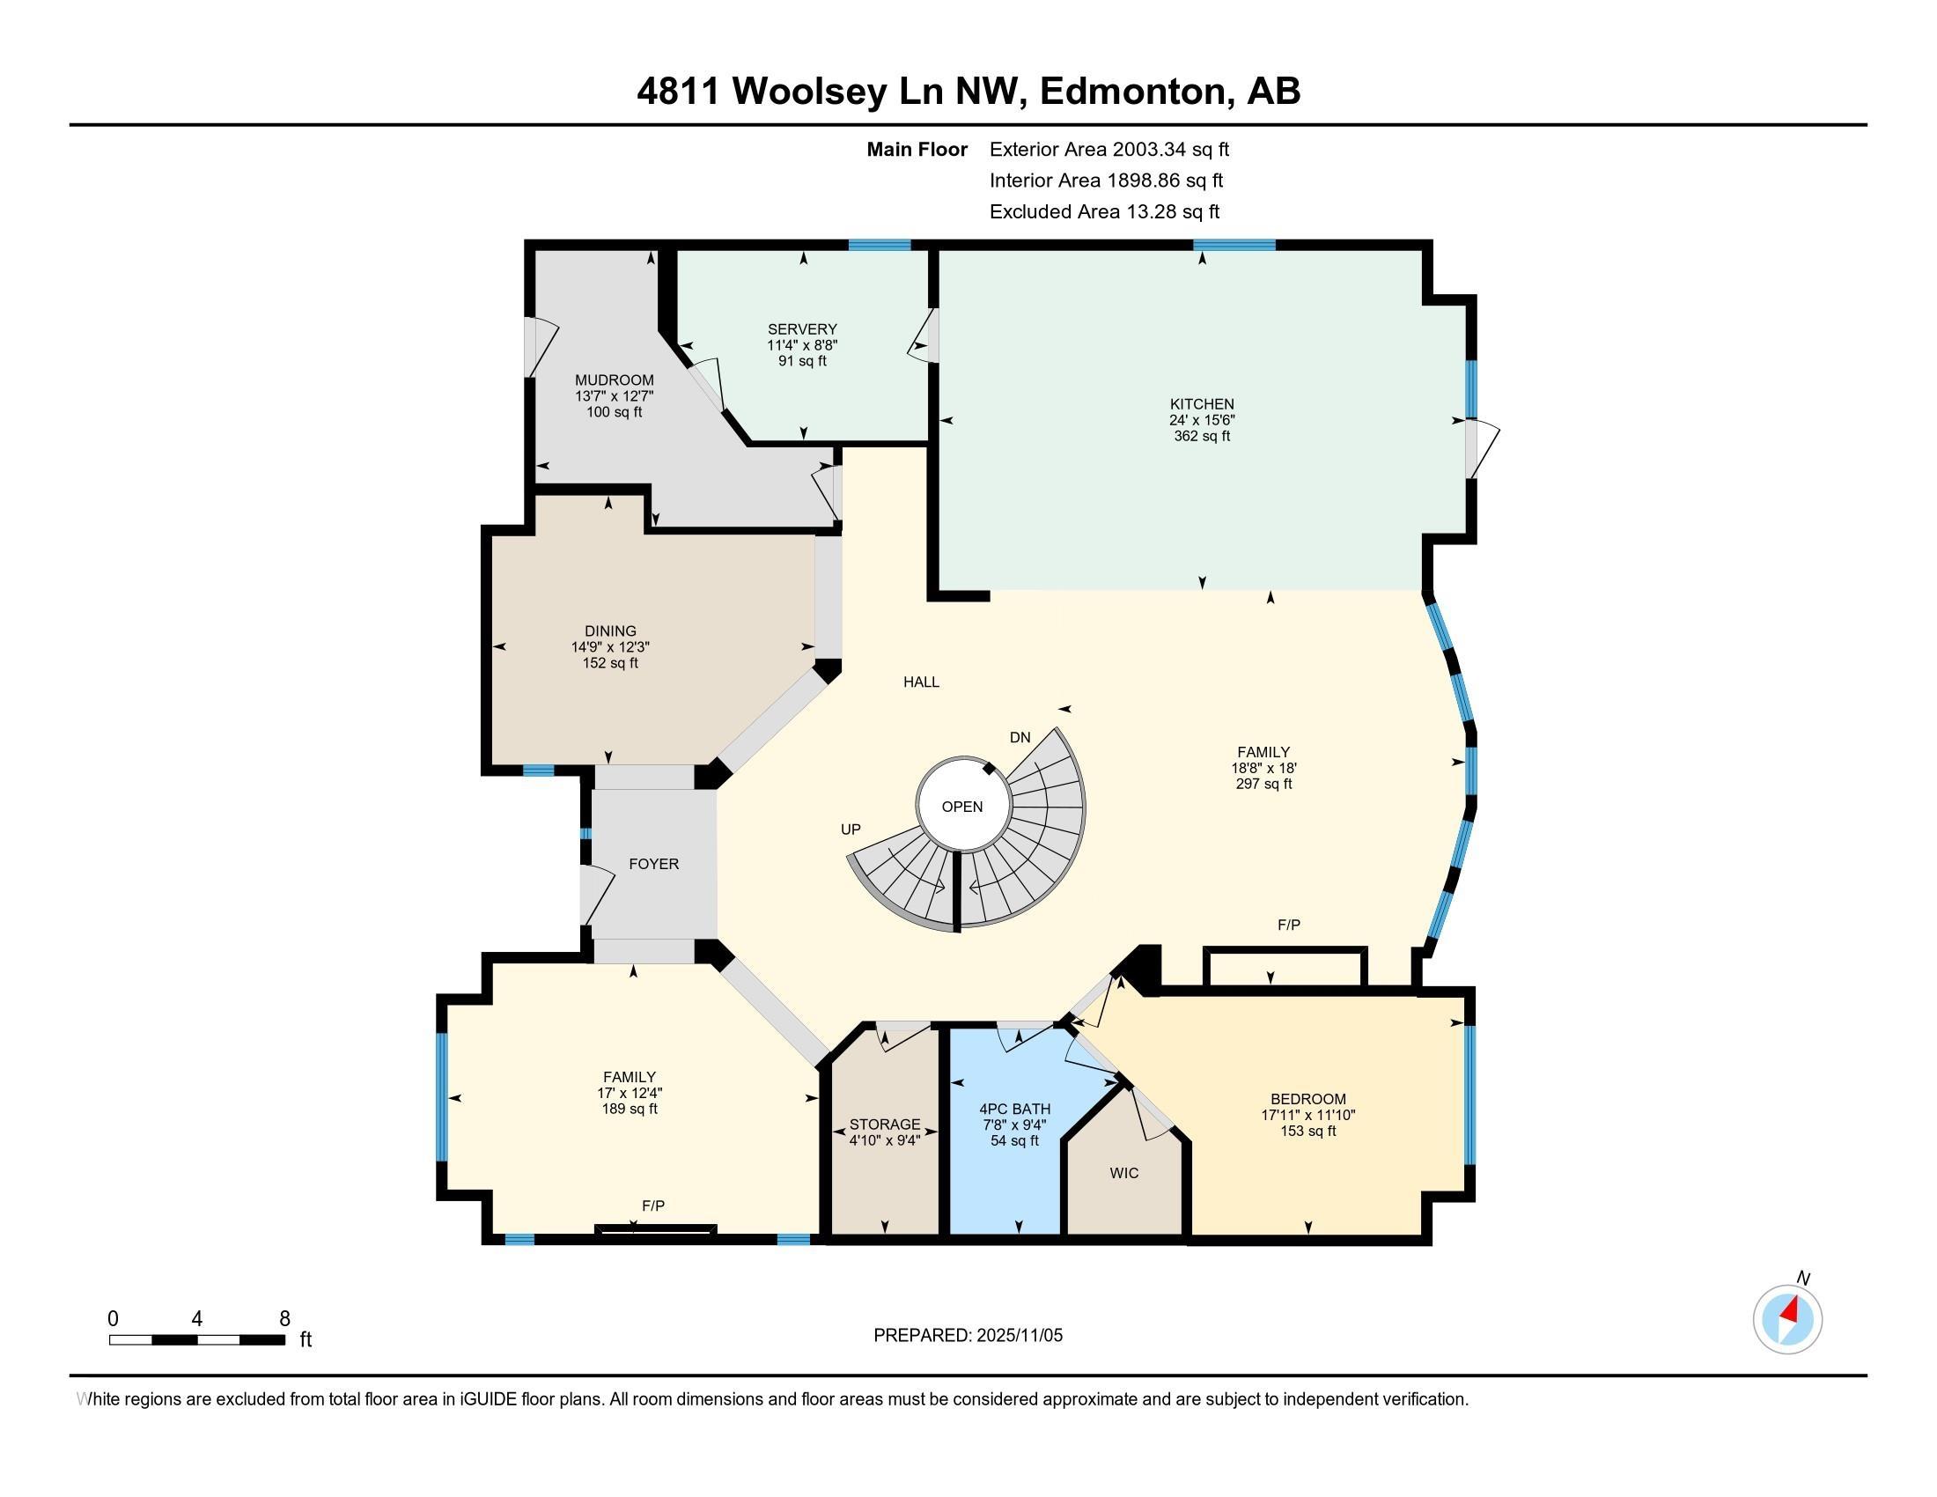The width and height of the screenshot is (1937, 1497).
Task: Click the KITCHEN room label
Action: [x=1202, y=404]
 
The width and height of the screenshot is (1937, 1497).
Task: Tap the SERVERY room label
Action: [x=803, y=329]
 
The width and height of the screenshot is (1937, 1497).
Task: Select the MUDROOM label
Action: [x=615, y=380]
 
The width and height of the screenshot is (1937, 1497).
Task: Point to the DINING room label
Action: [x=610, y=631]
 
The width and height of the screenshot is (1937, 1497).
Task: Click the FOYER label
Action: [x=653, y=864]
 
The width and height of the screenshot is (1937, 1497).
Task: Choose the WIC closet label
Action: [x=1123, y=1173]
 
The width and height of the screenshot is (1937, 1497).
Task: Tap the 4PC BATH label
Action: [x=1014, y=1109]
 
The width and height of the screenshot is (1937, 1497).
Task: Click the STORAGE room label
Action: [x=884, y=1125]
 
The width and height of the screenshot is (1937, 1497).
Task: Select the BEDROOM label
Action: [x=1308, y=1099]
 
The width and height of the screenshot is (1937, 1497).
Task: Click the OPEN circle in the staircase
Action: [x=962, y=806]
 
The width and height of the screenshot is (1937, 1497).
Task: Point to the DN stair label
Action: [x=1020, y=738]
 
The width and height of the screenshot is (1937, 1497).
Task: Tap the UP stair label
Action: [x=851, y=830]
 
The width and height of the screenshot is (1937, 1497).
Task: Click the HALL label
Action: [x=922, y=682]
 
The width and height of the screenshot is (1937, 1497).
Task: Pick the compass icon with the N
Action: [x=1787, y=1318]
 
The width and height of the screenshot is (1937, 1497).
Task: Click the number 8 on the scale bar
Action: [x=284, y=1319]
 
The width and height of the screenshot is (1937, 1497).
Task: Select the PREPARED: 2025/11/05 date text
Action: [x=968, y=1336]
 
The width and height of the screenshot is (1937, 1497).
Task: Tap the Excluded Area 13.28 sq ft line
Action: [x=1104, y=212]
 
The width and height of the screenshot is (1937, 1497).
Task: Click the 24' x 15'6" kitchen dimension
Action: [x=1202, y=420]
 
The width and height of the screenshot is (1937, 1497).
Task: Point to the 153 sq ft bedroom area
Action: [x=1308, y=1131]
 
